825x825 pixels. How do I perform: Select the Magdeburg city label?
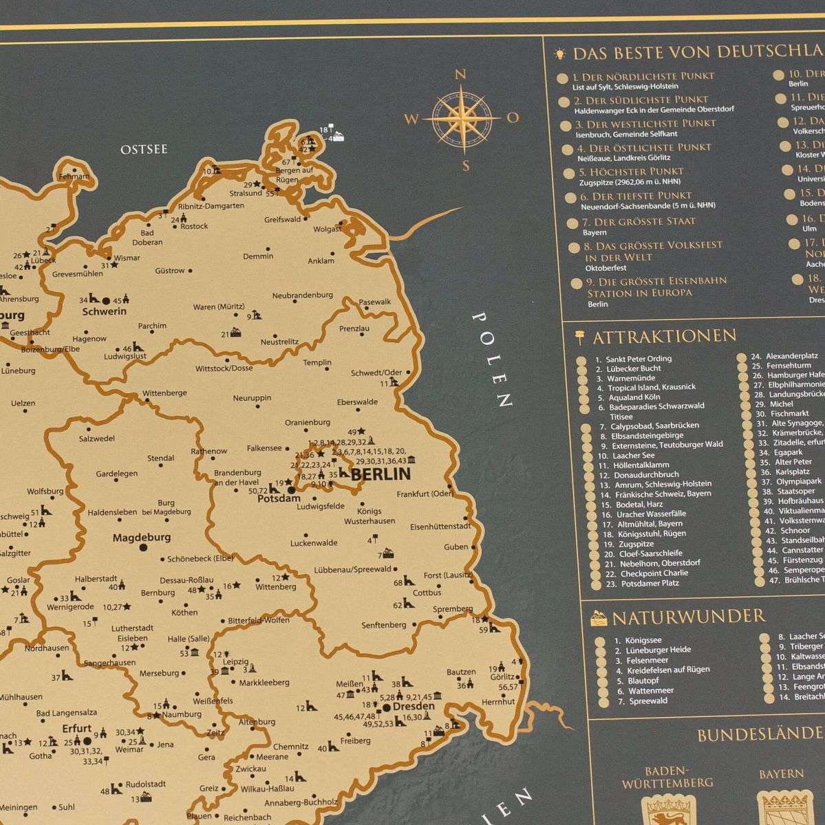coord(142,538)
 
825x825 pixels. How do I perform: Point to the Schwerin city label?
coord(104,311)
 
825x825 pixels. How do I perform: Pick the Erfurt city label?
coord(76,729)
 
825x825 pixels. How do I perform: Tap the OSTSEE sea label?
coord(144,149)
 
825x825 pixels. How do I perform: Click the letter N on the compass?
coord(461,75)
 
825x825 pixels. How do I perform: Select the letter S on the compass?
coord(466,165)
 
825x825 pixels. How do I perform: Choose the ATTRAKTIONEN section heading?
coord(664,336)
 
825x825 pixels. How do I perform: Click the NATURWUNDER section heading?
coord(688,615)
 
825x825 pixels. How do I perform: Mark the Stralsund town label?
coord(246,193)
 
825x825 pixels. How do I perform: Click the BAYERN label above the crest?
coord(781,773)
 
